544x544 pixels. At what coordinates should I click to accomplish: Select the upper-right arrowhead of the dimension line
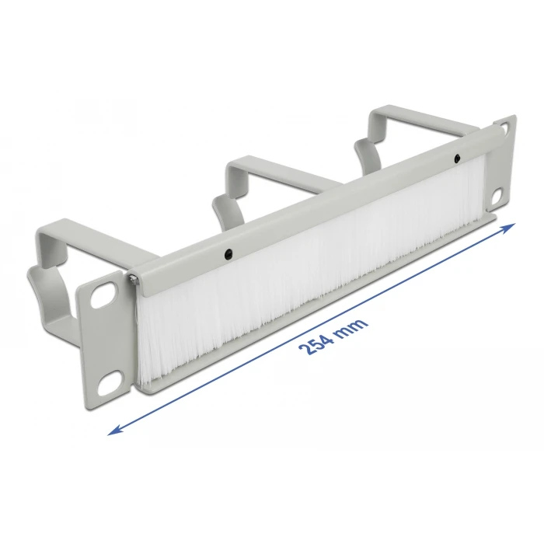pyautogui.click(x=511, y=225)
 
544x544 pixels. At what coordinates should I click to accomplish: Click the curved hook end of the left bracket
pyautogui.click(x=39, y=288)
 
